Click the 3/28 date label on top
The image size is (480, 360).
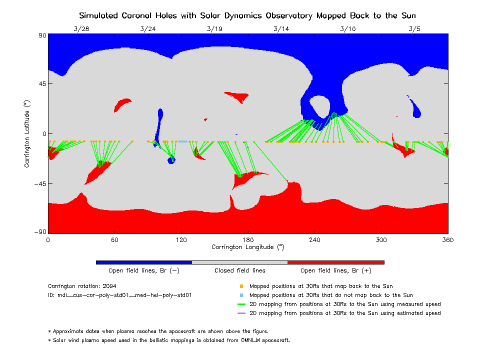point(81,29)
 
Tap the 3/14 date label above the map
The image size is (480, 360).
point(281,29)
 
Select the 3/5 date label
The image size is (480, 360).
point(414,29)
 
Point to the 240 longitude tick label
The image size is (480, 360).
point(314,240)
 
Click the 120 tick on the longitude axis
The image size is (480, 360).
point(181,240)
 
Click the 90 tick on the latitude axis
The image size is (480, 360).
point(41,35)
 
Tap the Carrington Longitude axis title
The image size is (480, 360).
point(247,247)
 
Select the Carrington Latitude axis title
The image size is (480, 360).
point(27,134)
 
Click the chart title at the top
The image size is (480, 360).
point(247,15)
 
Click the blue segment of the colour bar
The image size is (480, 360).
point(144,262)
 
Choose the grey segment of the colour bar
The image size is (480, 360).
point(239,262)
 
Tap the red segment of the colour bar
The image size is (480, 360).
point(335,262)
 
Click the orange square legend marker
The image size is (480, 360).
point(241,286)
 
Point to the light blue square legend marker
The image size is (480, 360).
point(241,295)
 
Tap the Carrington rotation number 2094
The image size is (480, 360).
point(108,286)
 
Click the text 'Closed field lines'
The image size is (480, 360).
point(240,271)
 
